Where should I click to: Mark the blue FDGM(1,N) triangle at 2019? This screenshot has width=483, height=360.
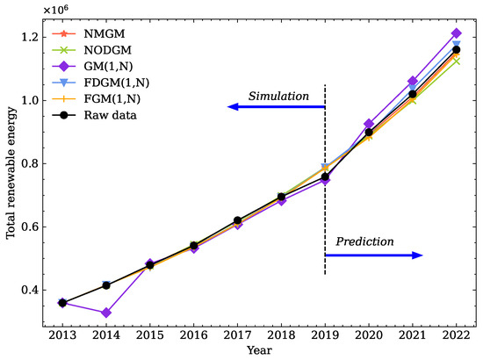click(326, 167)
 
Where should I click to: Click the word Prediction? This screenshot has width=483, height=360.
click(365, 241)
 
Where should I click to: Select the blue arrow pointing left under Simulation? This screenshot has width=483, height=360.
click(276, 106)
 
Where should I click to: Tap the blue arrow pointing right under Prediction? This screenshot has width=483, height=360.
click(374, 255)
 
